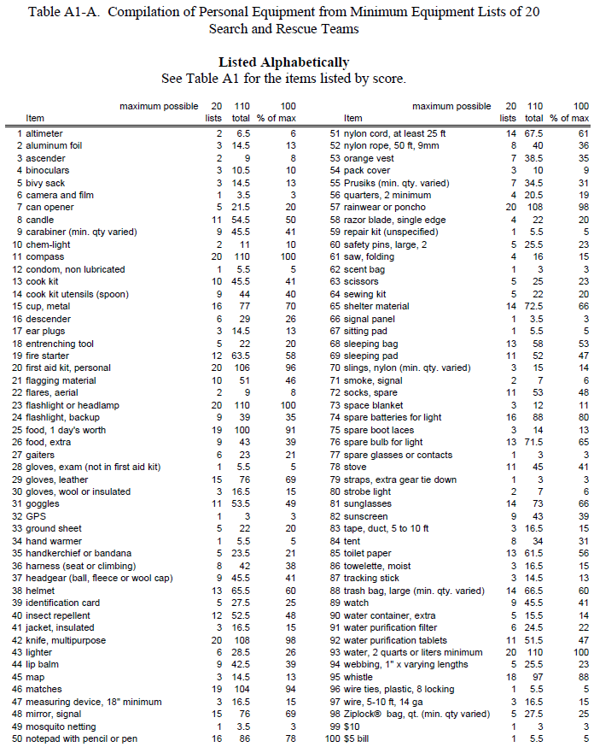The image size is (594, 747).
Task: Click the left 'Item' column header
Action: (x=35, y=118)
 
